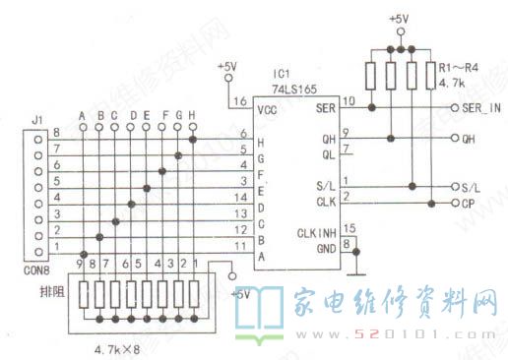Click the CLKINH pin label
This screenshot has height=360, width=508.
tap(315, 233)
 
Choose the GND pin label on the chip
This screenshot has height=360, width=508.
tap(326, 247)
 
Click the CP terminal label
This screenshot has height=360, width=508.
tap(469, 203)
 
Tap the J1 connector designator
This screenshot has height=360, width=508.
tap(37, 121)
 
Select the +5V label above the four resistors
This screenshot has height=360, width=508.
tap(398, 19)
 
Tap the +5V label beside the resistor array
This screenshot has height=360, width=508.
tap(238, 293)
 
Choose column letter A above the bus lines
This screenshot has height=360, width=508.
tap(84, 115)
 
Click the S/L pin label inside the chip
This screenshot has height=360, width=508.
tap(326, 186)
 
